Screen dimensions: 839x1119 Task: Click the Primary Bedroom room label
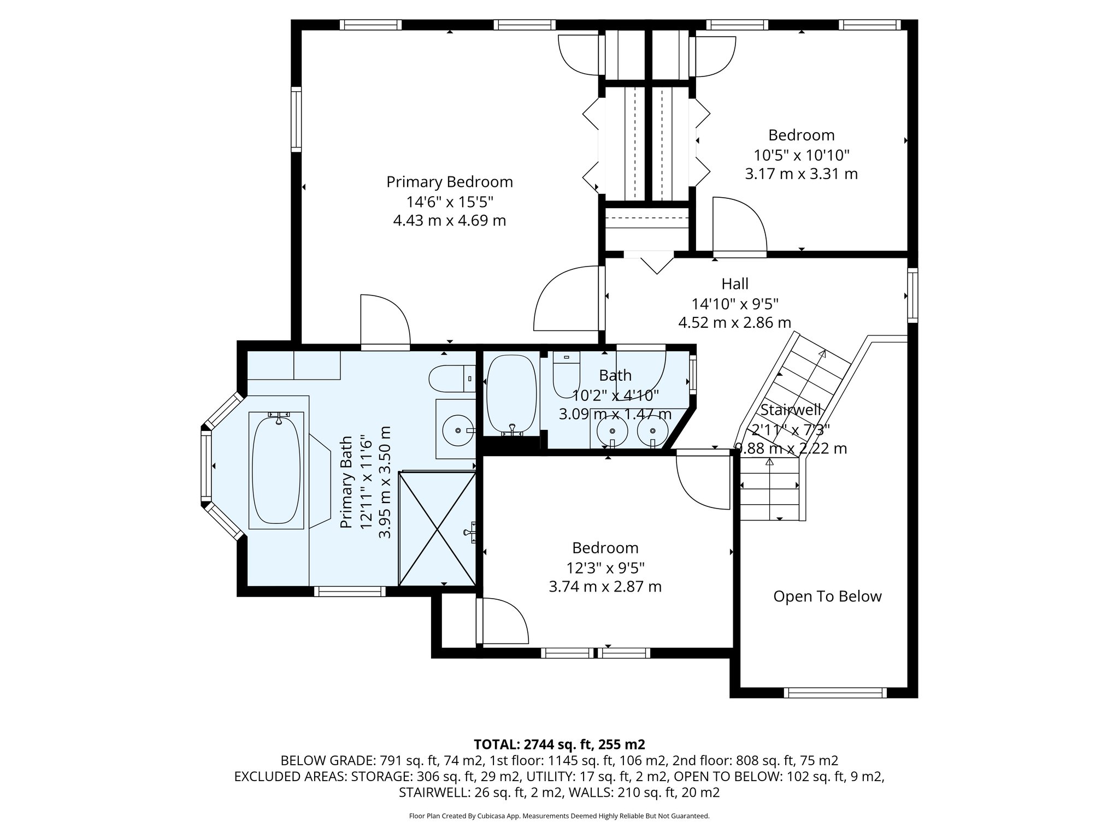(449, 182)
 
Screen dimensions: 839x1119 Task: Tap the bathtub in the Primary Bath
(276, 470)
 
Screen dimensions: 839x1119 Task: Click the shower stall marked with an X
(437, 528)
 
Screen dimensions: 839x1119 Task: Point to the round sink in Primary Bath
(457, 429)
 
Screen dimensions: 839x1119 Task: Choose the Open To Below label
(827, 596)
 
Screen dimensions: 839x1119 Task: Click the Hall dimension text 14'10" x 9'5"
(734, 303)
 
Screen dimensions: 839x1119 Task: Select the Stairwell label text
(791, 410)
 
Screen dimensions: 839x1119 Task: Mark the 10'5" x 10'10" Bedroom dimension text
(801, 155)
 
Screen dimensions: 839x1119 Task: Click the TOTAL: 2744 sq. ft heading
(559, 744)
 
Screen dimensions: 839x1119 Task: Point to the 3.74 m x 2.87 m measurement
(605, 587)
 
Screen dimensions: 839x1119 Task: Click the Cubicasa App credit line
(559, 816)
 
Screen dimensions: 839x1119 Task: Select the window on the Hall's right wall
(912, 294)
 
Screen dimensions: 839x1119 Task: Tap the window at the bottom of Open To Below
(835, 693)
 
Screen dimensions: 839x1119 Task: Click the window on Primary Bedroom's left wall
(296, 119)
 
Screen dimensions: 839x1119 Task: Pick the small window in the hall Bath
(693, 375)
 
